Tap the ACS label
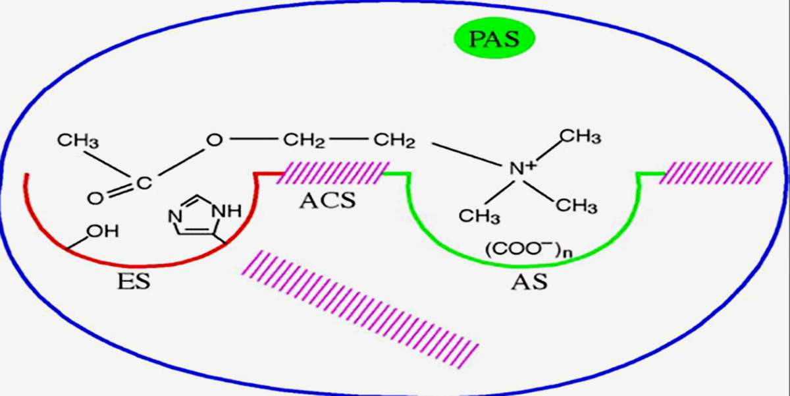pos(327,200)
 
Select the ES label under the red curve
pos(134,281)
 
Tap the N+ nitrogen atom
pos(522,169)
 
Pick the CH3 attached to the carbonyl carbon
pos(78,140)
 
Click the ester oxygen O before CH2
pos(214,140)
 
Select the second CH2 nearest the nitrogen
pos(394,140)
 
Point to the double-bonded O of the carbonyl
pos(95,196)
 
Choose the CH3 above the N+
pos(579,136)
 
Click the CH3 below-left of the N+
pos(480,215)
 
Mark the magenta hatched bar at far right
pos(718,173)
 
